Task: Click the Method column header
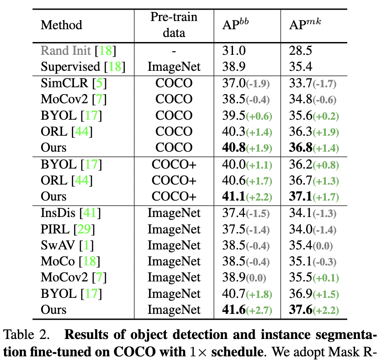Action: [x=62, y=25]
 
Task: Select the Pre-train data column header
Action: [x=174, y=25]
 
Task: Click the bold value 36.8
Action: [x=300, y=148]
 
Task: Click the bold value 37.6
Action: [x=300, y=310]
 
